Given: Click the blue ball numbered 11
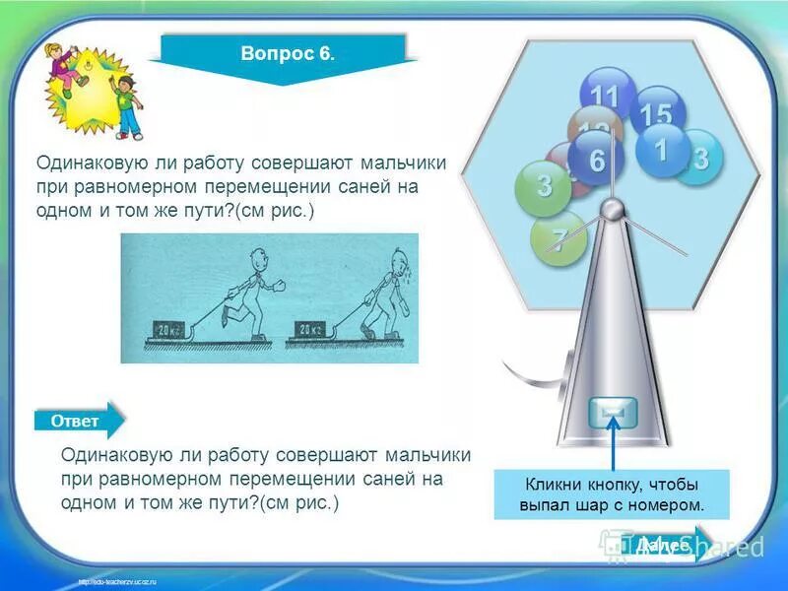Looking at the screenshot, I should coord(606,95).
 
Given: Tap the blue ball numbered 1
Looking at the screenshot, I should coord(661,151).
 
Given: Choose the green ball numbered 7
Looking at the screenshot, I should coord(558,239).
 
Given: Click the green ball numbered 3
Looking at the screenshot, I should coord(543,186).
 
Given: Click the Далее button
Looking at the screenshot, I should coord(661,544).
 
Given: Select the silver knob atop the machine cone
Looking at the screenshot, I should coord(613,209).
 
